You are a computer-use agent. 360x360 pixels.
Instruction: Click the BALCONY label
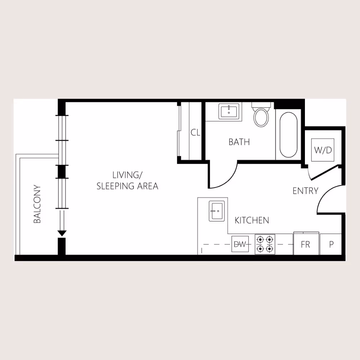click(37, 204)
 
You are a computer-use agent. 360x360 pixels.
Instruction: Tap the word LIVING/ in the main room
click(127, 175)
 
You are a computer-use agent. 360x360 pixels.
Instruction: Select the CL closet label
click(195, 132)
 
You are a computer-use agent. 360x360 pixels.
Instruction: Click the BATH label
click(239, 142)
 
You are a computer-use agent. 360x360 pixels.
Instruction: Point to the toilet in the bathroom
click(261, 115)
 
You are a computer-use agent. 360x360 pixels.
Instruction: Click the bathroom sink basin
click(229, 111)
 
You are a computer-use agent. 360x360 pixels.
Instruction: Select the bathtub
click(288, 135)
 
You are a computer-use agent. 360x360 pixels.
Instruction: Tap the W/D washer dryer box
click(323, 150)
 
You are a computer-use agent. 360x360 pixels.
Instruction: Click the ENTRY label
click(305, 191)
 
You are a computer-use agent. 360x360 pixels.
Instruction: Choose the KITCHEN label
click(252, 220)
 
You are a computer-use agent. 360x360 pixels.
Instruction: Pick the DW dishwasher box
click(239, 244)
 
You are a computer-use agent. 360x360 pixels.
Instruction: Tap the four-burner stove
click(265, 244)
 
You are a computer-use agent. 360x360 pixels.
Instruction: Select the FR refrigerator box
click(306, 244)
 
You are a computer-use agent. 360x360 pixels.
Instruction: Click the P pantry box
click(331, 244)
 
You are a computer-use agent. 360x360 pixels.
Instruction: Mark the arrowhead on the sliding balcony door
click(62, 233)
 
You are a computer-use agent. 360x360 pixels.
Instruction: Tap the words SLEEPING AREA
click(127, 186)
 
